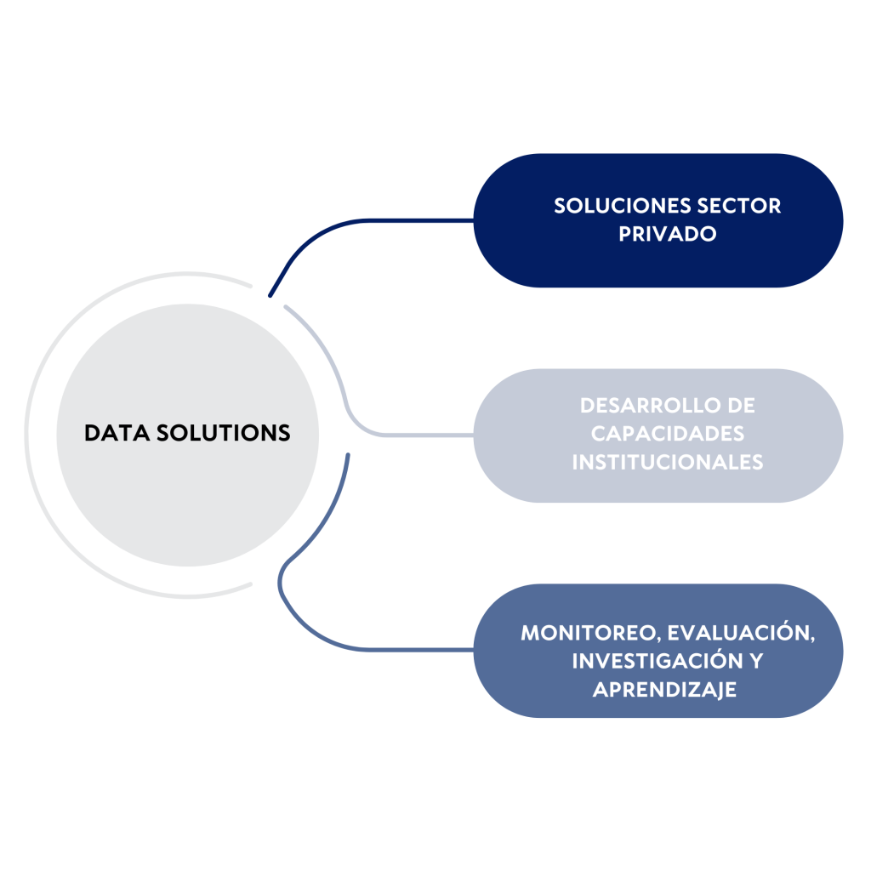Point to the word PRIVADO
click(668, 234)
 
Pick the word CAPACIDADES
click(668, 434)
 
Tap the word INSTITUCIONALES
click(668, 462)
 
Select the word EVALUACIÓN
click(741, 634)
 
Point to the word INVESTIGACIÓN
click(656, 662)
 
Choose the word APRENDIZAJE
click(664, 690)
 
